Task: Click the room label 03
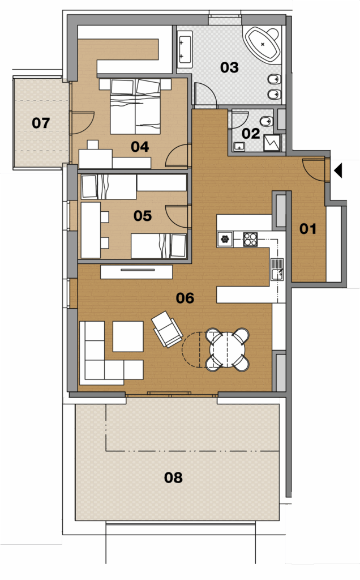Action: click(x=229, y=67)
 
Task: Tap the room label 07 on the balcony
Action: click(x=41, y=123)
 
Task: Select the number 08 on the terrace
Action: click(x=173, y=477)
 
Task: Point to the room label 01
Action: click(x=308, y=229)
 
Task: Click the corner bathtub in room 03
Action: click(x=263, y=44)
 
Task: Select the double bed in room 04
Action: click(x=135, y=106)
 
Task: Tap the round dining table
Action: click(x=226, y=349)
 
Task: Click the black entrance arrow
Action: click(x=338, y=171)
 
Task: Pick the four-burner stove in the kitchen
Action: click(x=250, y=239)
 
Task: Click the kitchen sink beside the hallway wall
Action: click(x=277, y=270)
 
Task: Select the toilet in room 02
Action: click(x=267, y=121)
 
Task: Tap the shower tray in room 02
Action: click(x=272, y=143)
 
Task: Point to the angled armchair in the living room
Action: click(x=167, y=329)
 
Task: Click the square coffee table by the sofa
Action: click(x=128, y=336)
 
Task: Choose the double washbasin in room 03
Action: click(x=185, y=50)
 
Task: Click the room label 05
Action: click(x=143, y=216)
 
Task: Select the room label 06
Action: click(x=185, y=298)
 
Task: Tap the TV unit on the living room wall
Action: click(x=136, y=272)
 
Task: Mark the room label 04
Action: click(x=140, y=147)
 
